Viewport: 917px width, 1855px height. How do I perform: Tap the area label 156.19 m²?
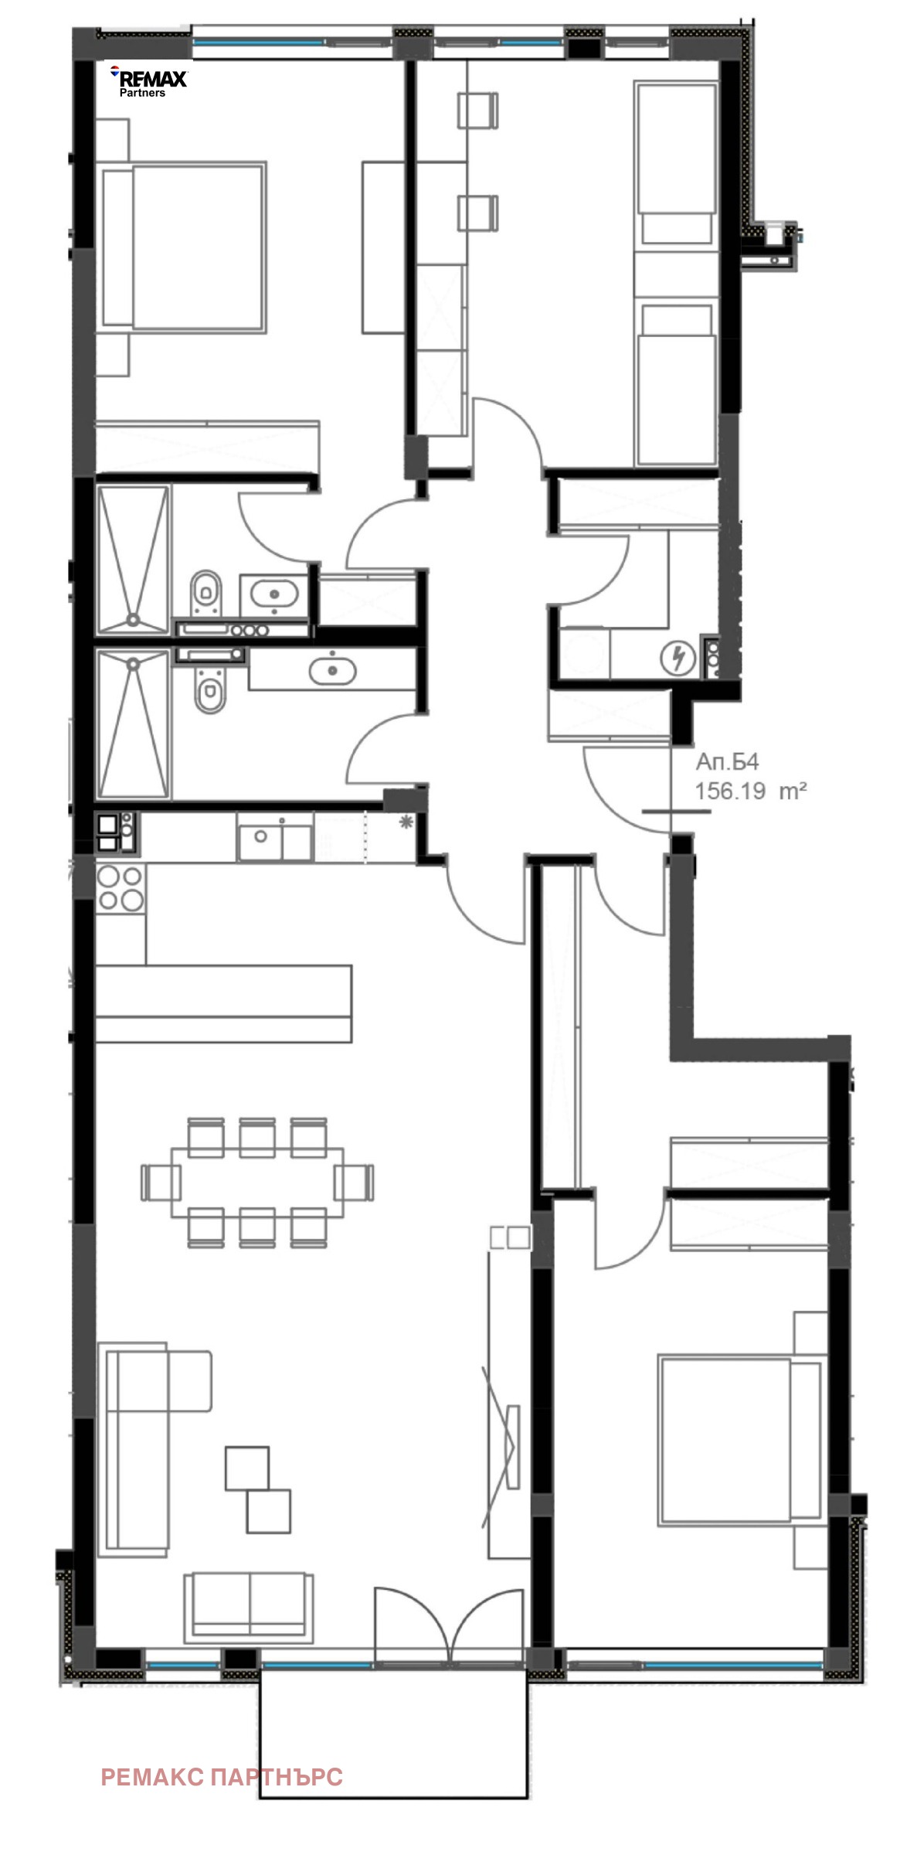click(x=751, y=791)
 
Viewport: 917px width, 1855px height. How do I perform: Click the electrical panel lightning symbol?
click(x=678, y=658)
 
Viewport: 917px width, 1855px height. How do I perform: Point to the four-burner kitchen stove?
click(x=121, y=888)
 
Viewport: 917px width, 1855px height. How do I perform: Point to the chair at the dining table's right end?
click(x=355, y=1182)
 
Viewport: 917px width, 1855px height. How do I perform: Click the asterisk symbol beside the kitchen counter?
click(x=406, y=822)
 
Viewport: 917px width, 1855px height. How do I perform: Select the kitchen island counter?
click(x=223, y=1002)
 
